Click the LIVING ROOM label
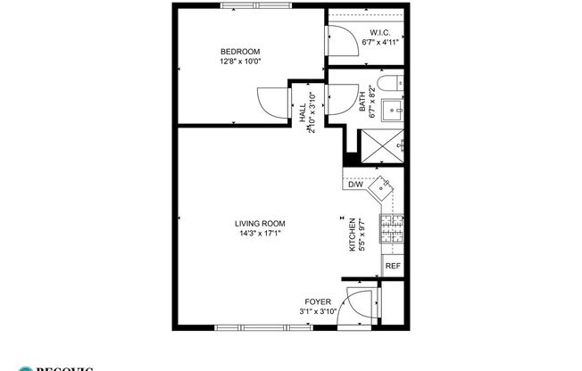(260, 224)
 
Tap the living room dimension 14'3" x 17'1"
(260, 235)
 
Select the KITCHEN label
(352, 235)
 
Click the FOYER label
(317, 301)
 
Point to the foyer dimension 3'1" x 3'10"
(317, 312)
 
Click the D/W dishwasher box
(354, 185)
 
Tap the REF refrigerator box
(392, 265)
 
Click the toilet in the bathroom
(387, 85)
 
